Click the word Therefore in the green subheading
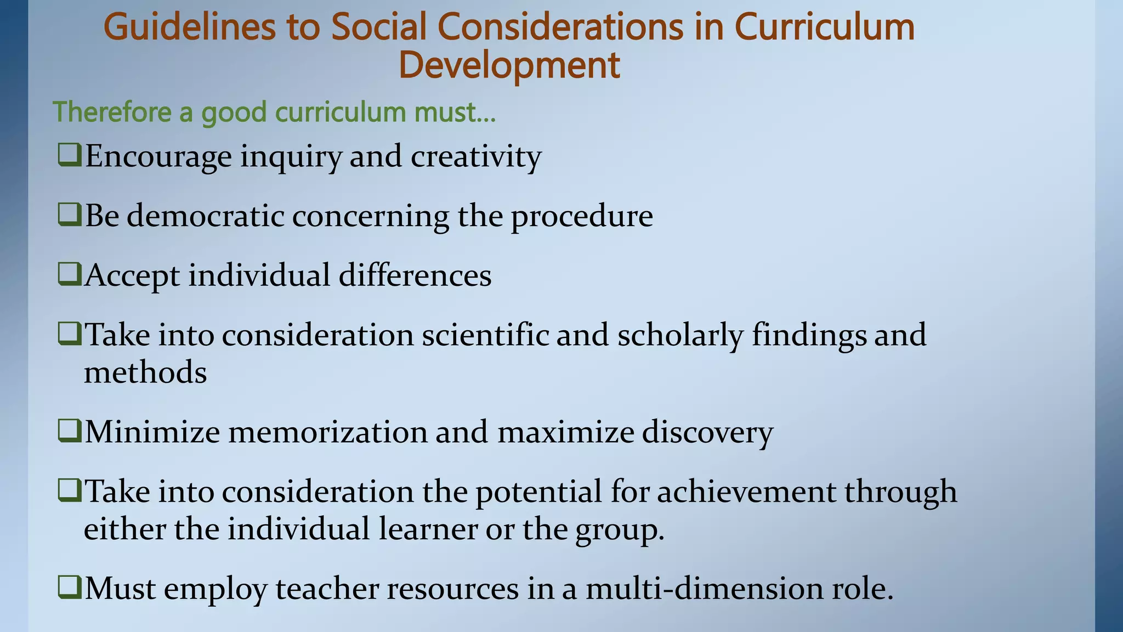(x=112, y=112)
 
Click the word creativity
(x=476, y=157)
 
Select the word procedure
(x=582, y=217)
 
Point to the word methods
(x=145, y=373)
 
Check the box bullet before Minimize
(x=70, y=431)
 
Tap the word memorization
(x=327, y=432)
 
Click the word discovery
(x=707, y=433)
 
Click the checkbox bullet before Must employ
(x=70, y=588)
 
